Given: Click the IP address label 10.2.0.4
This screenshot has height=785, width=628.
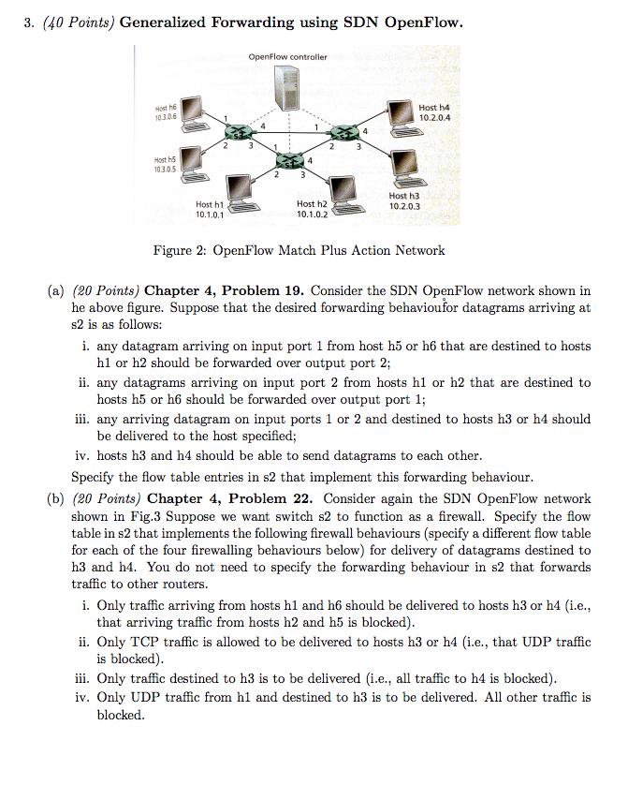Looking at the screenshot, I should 435,119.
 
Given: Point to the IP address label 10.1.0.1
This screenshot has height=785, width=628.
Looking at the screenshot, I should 210,215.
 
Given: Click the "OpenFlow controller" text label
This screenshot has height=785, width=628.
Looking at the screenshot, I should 288,57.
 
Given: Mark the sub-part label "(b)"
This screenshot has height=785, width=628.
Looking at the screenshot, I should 55,499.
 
